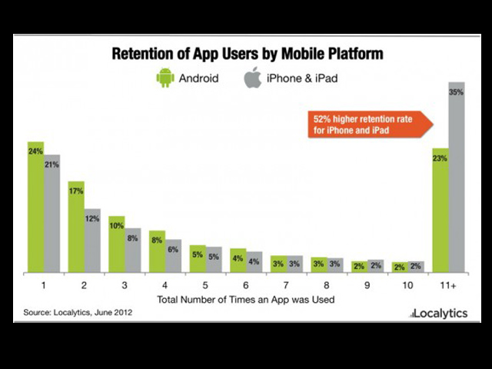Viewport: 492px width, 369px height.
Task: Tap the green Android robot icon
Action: point(165,78)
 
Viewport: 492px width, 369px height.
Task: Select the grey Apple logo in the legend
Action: point(252,77)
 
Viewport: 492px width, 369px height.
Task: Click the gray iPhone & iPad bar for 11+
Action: point(456,177)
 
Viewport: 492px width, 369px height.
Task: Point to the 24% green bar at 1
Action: point(35,208)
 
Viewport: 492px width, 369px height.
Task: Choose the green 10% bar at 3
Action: point(117,244)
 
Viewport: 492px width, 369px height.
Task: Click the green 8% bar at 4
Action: point(157,251)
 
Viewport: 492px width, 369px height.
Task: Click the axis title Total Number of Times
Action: point(245,298)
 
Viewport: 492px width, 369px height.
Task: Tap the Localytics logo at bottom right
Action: point(441,314)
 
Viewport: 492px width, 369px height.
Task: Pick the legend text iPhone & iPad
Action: point(302,78)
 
